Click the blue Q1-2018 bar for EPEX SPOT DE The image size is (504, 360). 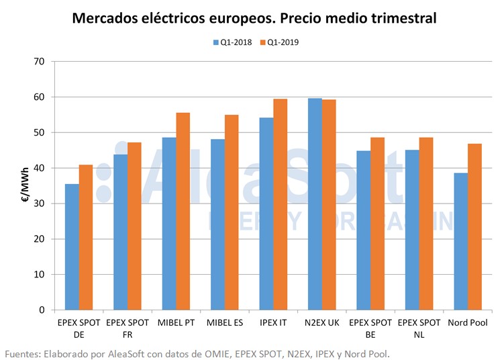coord(72,247)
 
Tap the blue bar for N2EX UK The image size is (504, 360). coord(315,204)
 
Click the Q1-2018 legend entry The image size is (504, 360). coord(233,42)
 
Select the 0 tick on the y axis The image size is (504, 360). coord(42,310)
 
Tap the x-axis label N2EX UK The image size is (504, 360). coord(321,323)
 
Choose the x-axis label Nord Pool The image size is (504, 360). coord(467,323)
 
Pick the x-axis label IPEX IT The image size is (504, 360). coord(272,323)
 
